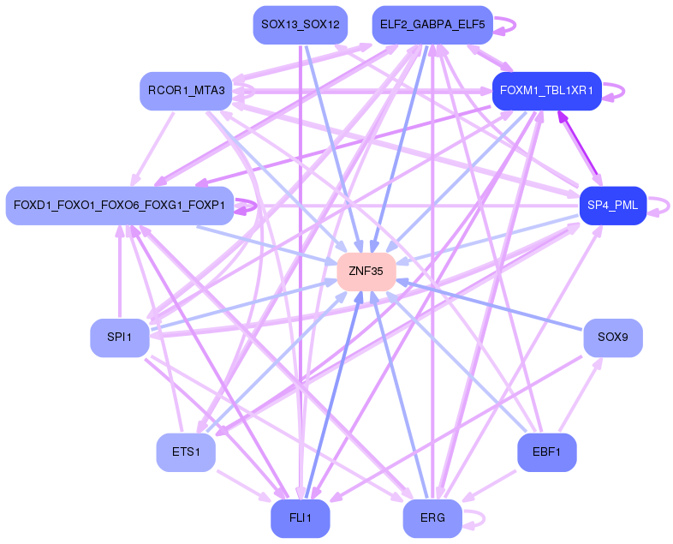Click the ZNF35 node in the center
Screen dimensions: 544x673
(x=366, y=271)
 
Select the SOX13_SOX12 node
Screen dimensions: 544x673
(x=299, y=25)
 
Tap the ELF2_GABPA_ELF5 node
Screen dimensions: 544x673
(x=432, y=25)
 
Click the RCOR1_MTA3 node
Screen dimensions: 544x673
(x=186, y=90)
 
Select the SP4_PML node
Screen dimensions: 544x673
(x=612, y=206)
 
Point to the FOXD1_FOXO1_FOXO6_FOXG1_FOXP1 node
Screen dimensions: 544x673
(x=119, y=206)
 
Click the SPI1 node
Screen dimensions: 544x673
(x=119, y=337)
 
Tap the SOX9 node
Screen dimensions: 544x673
(x=612, y=337)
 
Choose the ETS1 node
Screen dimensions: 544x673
(x=185, y=451)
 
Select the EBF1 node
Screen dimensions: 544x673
(x=547, y=451)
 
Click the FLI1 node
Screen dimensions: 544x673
(x=300, y=517)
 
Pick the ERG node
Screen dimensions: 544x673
(x=432, y=517)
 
